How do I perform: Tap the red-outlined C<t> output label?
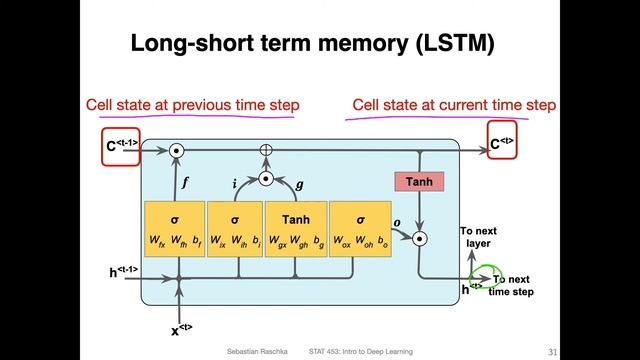point(504,143)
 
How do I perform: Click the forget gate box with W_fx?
point(174,229)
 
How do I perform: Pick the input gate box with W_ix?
point(234,229)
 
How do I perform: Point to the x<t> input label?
point(179,329)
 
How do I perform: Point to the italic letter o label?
point(395,224)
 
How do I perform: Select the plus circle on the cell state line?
point(266,150)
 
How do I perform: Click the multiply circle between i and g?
point(266,179)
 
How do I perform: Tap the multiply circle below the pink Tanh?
point(420,238)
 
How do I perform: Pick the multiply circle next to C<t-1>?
point(176,150)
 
